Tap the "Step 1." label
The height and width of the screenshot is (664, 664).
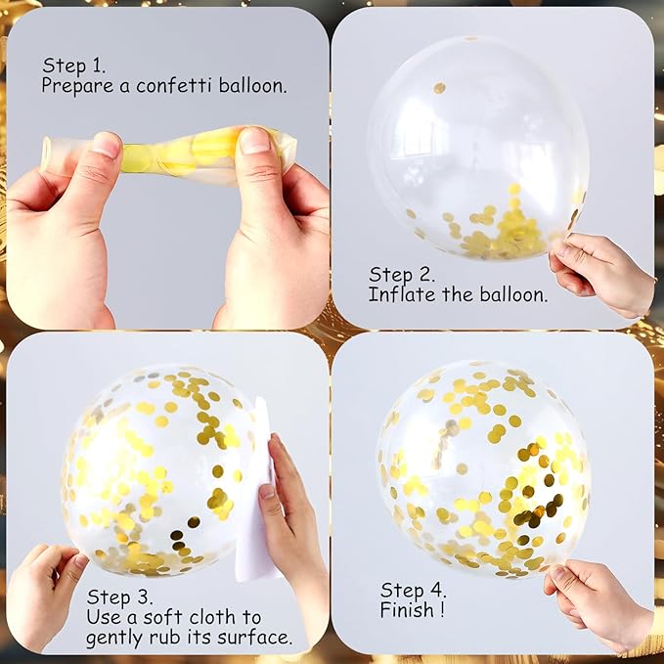pyautogui.click(x=73, y=66)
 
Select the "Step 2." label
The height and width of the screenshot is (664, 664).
pyautogui.click(x=402, y=274)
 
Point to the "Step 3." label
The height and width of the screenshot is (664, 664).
pyautogui.click(x=119, y=597)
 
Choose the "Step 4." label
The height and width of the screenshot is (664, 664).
pyautogui.click(x=413, y=590)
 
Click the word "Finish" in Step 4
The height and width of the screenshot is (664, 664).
pyautogui.click(x=407, y=610)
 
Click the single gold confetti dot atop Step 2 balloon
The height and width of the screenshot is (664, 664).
pyautogui.click(x=439, y=88)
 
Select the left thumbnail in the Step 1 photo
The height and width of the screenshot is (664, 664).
pyautogui.click(x=105, y=145)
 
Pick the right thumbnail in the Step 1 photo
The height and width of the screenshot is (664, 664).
pyautogui.click(x=255, y=141)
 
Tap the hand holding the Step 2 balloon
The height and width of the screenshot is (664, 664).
pyautogui.click(x=601, y=274)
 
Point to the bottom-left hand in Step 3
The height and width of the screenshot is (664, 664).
pyautogui.click(x=42, y=598)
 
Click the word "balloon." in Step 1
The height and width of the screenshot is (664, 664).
pyautogui.click(x=252, y=85)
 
